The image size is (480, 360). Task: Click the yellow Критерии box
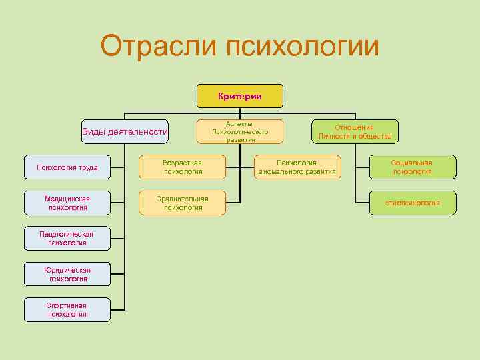[x=239, y=96]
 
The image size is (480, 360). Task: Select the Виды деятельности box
[x=124, y=131]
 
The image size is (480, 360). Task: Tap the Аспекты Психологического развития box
[x=239, y=131]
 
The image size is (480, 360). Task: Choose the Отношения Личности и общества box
[x=355, y=131]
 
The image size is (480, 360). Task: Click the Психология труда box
[x=67, y=167]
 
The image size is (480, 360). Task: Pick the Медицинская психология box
[x=67, y=203]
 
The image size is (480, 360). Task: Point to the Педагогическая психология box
[x=67, y=238]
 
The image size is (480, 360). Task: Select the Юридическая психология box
[x=67, y=274]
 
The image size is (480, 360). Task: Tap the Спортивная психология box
[x=67, y=309]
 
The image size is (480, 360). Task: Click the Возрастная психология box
[x=183, y=167]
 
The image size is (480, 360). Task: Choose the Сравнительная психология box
[x=183, y=203]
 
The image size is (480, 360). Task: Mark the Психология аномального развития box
[x=297, y=167]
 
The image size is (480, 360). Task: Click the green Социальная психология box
[x=412, y=167]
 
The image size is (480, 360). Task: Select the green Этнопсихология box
[x=412, y=203]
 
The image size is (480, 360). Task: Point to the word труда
[x=86, y=167]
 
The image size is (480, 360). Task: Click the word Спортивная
[x=67, y=305]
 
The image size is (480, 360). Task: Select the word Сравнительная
[x=183, y=199]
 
